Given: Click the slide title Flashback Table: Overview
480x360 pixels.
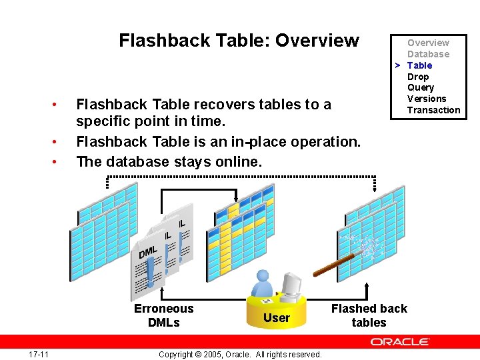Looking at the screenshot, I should coord(239,41).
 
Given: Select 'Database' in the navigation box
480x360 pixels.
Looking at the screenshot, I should coord(428,54).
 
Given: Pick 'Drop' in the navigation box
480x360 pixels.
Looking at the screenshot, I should coord(418,77).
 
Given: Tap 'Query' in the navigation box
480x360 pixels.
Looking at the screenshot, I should coord(421,87).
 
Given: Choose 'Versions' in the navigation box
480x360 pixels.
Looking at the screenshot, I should coord(427,99).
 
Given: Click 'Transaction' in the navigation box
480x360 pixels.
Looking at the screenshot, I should coord(433,110).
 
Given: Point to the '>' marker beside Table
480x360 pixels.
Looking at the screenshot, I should coord(397,65).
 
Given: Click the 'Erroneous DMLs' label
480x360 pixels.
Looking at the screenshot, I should coord(163,315).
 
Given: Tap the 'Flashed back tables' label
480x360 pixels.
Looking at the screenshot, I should coord(369,315).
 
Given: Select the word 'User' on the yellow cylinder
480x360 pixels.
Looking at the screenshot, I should coord(276,318).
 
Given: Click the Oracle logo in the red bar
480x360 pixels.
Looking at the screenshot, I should coord(400,342).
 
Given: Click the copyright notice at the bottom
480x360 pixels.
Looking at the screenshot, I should coord(240,354).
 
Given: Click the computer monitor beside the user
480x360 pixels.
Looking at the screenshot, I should coord(291,285).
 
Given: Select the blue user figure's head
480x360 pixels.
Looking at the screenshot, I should coord(263,275).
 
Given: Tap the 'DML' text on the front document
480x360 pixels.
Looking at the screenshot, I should coord(148,251).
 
